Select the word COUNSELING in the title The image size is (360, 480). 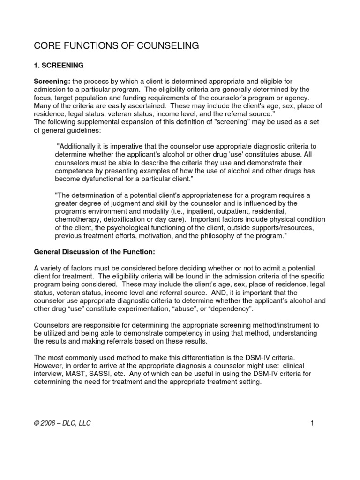click(x=170, y=45)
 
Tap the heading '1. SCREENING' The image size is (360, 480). click(x=59, y=66)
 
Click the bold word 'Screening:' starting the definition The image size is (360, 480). click(x=52, y=82)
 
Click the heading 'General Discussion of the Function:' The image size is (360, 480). click(x=95, y=252)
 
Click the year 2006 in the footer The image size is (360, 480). click(x=51, y=423)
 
